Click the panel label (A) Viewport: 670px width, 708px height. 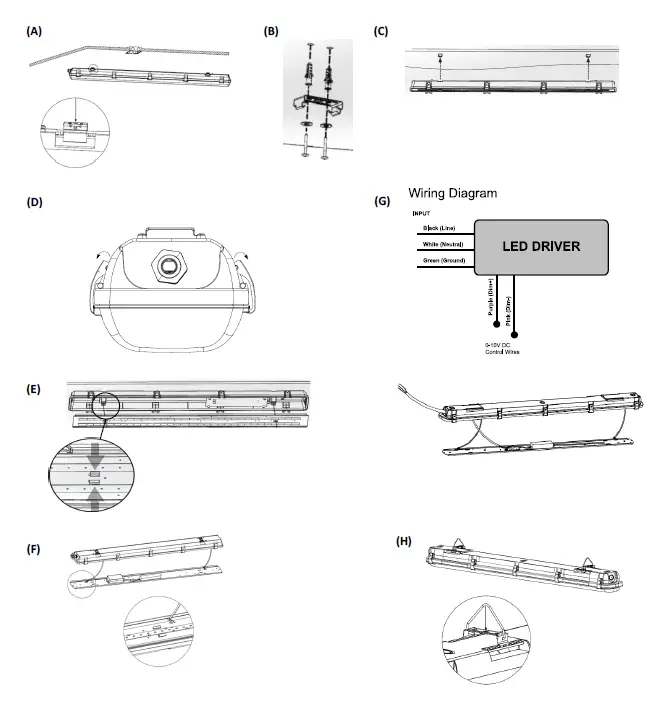[x=33, y=32]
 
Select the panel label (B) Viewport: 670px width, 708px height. [x=271, y=32]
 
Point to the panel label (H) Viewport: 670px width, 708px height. [x=404, y=541]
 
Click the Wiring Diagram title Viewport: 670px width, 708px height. [x=452, y=193]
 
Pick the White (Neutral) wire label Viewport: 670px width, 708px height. [x=441, y=245]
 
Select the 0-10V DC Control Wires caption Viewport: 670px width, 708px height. [x=500, y=348]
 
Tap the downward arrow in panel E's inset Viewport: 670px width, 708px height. [x=94, y=456]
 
